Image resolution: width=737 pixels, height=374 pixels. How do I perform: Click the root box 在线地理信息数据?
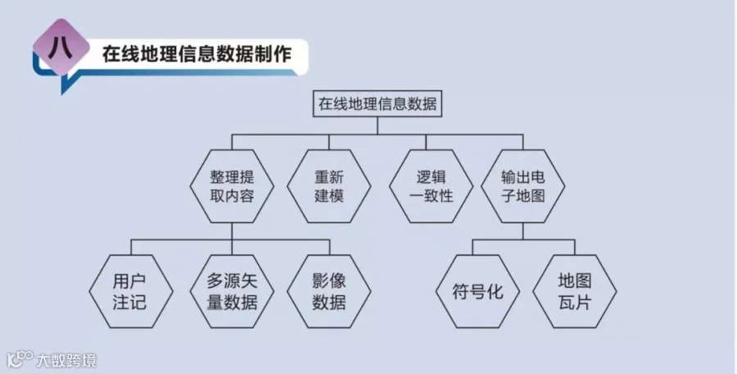[377, 104]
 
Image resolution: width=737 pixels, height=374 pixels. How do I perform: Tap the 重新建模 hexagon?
[328, 186]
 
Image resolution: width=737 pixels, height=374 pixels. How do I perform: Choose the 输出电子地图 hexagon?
[523, 186]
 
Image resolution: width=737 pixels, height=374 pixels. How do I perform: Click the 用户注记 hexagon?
[130, 291]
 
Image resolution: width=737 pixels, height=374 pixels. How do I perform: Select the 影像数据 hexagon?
[328, 291]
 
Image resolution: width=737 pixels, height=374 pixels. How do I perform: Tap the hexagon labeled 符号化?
[475, 291]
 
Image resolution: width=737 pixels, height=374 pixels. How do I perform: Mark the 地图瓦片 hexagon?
[573, 291]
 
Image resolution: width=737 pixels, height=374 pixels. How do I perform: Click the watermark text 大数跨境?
[66, 359]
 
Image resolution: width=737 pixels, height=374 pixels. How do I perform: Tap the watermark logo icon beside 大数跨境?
[20, 359]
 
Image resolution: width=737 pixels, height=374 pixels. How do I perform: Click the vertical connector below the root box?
[377, 124]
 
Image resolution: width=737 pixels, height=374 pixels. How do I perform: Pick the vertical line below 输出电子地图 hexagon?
[523, 230]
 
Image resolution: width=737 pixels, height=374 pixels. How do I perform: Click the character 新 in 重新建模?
[338, 176]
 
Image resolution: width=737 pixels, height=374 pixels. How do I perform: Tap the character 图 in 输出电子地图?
[535, 197]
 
